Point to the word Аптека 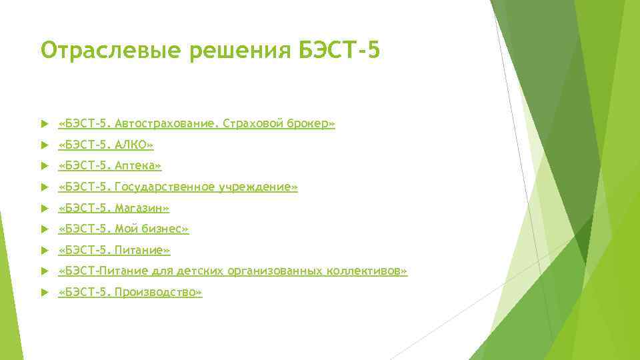pos(138,165)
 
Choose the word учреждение pos(261,187)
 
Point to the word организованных pos(276,271)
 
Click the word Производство pos(158,293)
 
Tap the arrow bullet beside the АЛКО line pos(44,145)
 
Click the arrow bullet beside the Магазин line pos(44,209)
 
